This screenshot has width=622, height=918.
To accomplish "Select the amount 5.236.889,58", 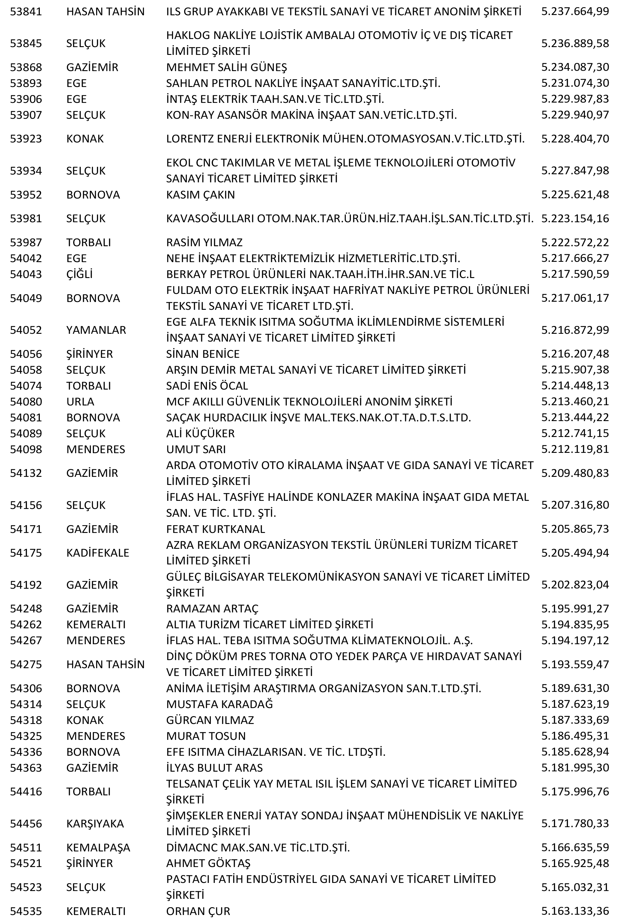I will point(575,43).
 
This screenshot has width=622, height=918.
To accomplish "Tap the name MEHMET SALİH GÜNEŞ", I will point(226,67).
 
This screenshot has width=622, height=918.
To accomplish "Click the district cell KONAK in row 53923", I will point(85,139).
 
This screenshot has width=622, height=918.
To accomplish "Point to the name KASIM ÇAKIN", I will point(200,195).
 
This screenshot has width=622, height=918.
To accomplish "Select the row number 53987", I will point(26,242).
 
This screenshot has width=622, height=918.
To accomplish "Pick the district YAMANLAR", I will point(96,330).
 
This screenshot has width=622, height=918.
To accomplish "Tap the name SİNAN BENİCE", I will point(203,354).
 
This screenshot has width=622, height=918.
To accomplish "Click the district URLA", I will point(80,402).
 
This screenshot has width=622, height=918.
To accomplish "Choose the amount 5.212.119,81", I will point(575,449).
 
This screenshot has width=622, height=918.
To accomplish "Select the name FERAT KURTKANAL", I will point(215,529).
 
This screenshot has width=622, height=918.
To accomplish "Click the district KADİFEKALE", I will point(97,553).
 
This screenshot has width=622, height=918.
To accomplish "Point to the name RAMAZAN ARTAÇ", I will point(212,608).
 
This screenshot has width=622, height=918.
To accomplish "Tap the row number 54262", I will point(26,624).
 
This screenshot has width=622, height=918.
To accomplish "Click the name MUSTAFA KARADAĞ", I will point(219,704).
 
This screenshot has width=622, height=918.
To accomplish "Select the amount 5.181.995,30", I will point(575,767).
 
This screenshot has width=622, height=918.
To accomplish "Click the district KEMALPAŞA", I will point(98,847).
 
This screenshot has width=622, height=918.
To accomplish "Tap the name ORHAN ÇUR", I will point(198,911).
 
